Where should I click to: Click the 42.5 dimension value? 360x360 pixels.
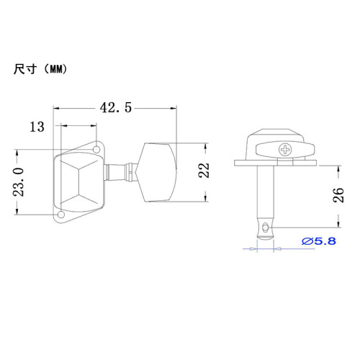(x=116, y=108)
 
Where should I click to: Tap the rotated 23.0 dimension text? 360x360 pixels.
(x=19, y=182)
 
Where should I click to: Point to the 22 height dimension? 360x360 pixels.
(x=204, y=171)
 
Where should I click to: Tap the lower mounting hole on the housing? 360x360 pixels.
(x=63, y=215)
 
